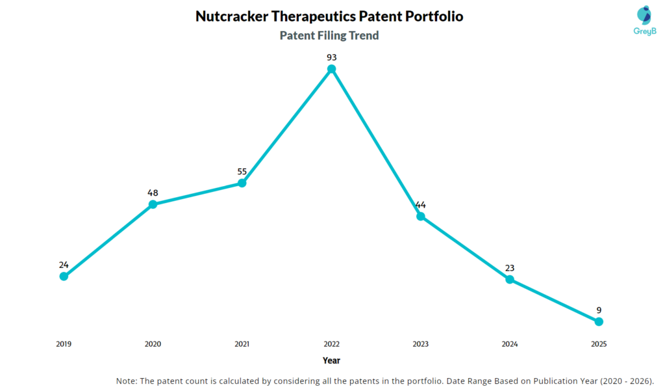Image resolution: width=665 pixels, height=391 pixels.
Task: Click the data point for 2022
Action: click(x=331, y=69)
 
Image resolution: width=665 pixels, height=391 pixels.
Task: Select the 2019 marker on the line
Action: click(x=64, y=276)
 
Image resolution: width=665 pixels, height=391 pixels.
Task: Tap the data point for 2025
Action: click(x=599, y=321)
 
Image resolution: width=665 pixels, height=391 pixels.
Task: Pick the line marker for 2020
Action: click(x=153, y=204)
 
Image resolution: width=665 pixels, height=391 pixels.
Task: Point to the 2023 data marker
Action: click(x=421, y=216)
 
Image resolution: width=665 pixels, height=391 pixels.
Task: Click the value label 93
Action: click(x=331, y=57)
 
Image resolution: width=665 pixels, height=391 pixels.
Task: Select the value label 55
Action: click(x=242, y=171)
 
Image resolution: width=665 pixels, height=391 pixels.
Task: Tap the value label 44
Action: click(x=421, y=204)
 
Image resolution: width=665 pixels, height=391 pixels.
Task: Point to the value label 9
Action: click(x=599, y=310)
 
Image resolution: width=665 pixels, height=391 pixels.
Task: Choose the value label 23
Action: click(x=510, y=267)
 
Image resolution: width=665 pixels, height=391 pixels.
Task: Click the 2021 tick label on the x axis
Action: click(x=242, y=344)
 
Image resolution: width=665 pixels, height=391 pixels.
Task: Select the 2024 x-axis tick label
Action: click(x=510, y=344)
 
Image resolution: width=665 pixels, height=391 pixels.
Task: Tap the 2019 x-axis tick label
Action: click(x=64, y=344)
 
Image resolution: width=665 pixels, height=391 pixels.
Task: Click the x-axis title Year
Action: click(x=331, y=360)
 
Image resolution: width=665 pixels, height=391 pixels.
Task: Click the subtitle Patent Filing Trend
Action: click(x=329, y=36)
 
